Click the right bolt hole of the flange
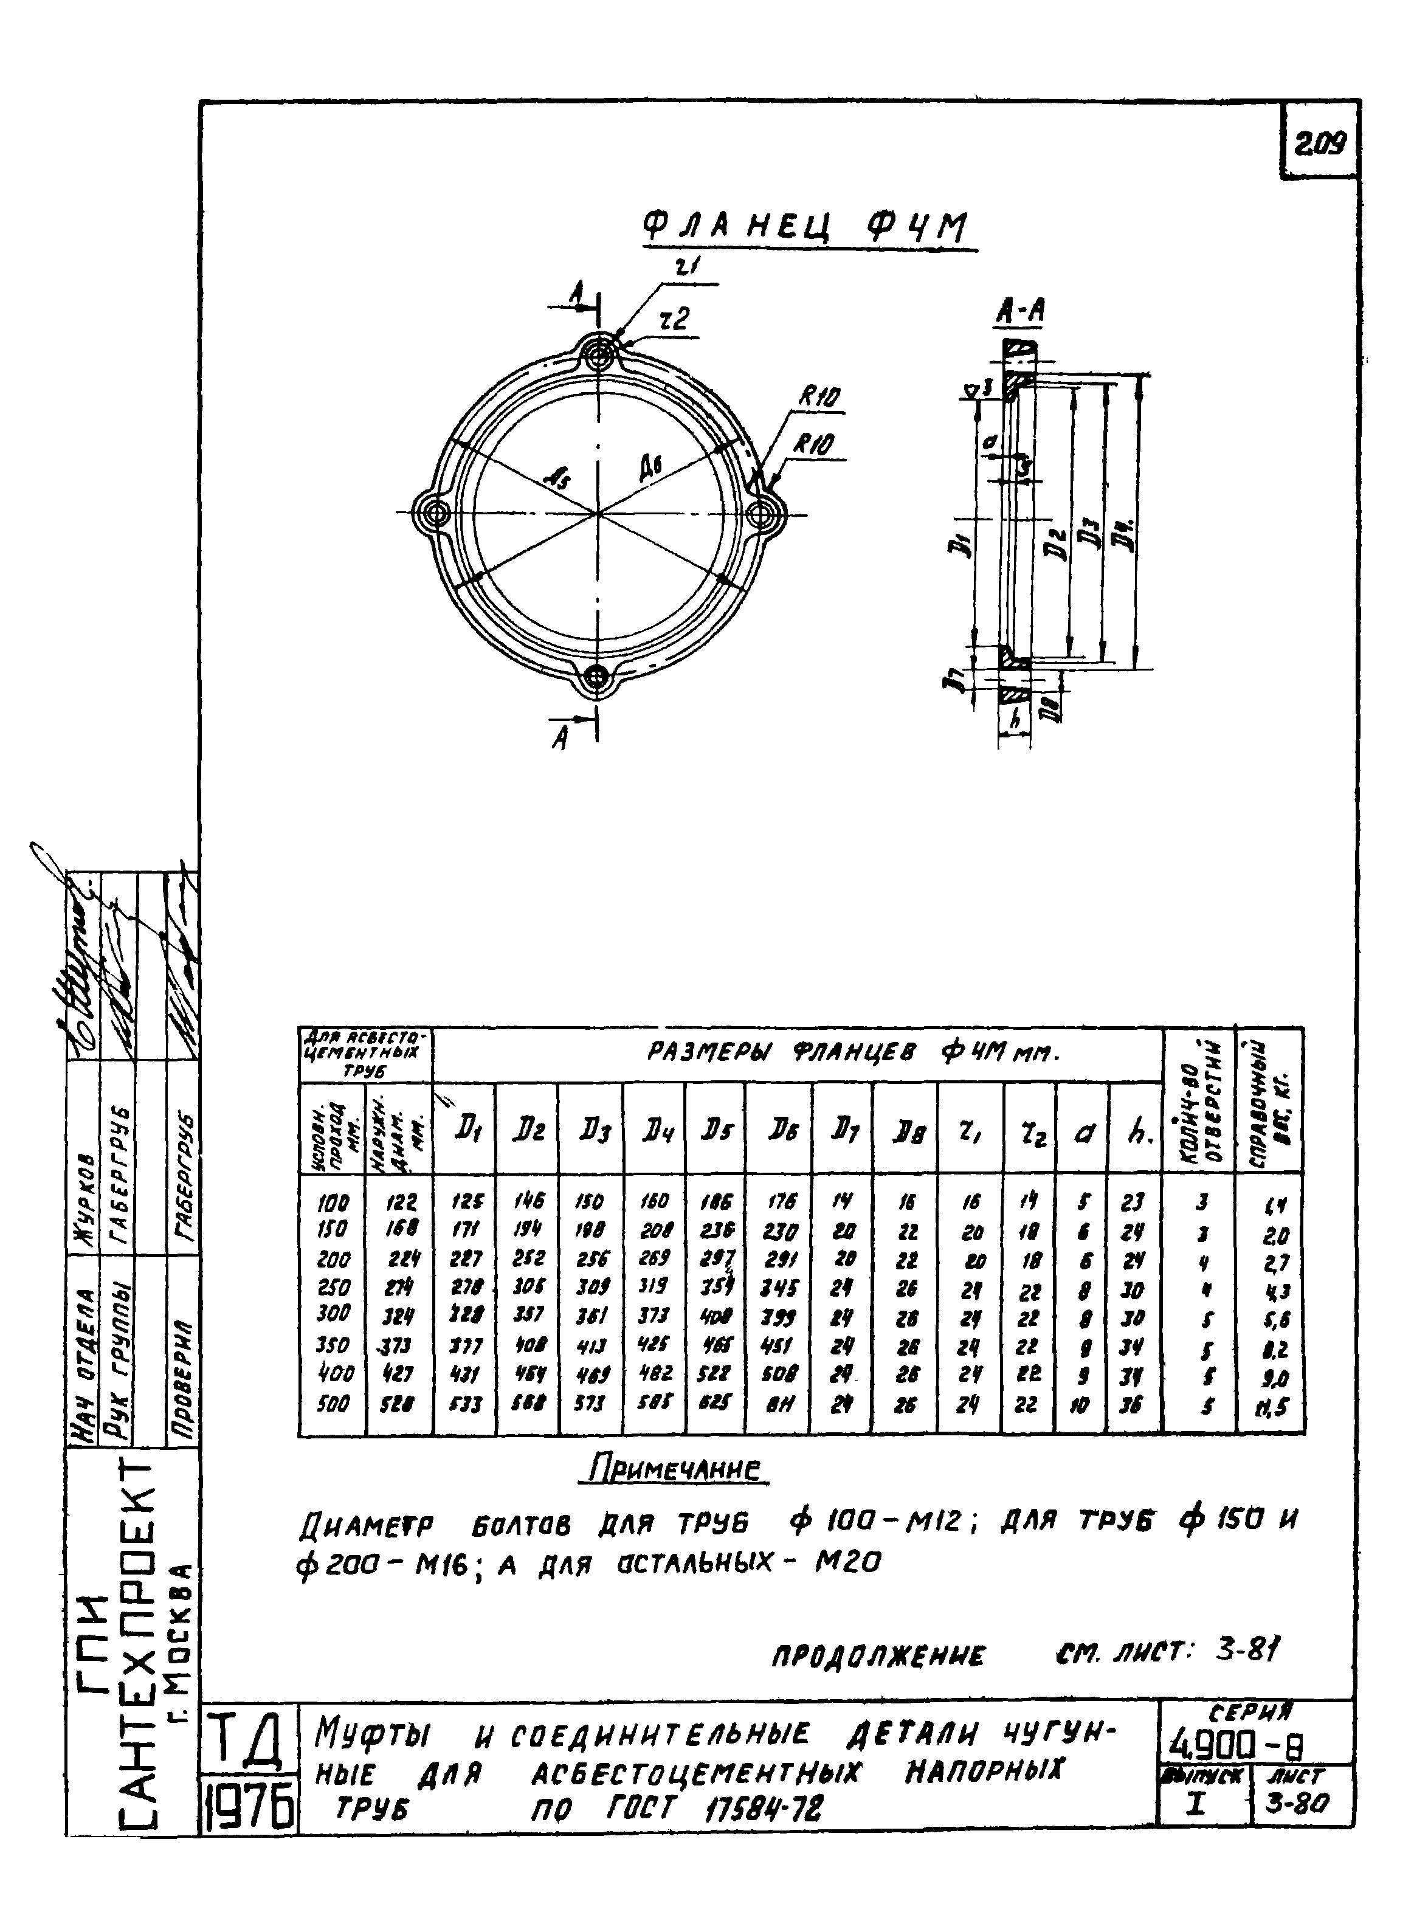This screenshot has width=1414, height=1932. pyautogui.click(x=761, y=514)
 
